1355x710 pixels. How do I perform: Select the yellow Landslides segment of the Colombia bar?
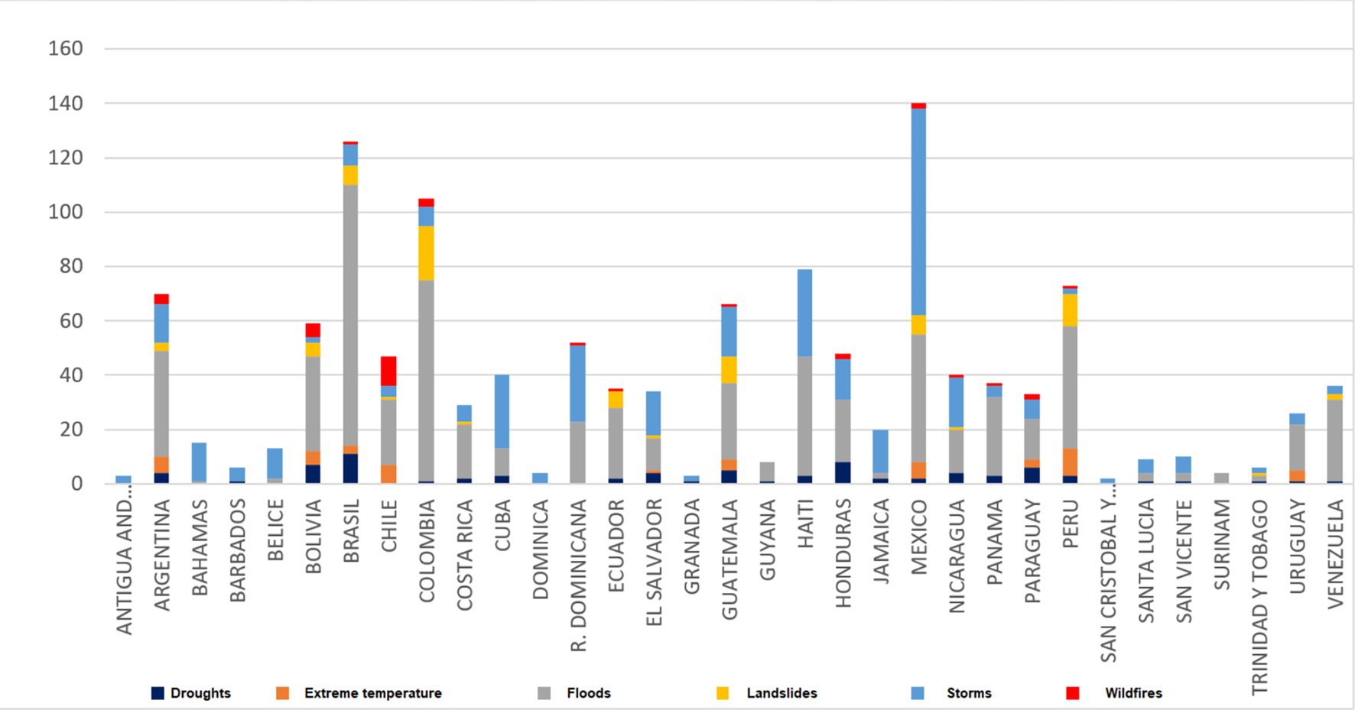tap(426, 253)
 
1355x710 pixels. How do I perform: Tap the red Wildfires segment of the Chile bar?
tap(388, 371)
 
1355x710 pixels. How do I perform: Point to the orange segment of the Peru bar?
tap(1070, 462)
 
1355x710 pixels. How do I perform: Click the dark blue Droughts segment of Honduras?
tap(843, 472)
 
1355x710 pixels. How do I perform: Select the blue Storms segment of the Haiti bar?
tap(804, 313)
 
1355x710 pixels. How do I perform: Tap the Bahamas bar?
tap(199, 462)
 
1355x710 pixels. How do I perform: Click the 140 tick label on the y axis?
tap(65, 103)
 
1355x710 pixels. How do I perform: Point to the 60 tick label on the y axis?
tap(65, 321)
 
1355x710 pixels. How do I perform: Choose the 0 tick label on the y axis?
tap(76, 484)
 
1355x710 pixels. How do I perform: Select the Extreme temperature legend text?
tap(372, 693)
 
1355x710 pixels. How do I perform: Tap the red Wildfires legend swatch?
tap(1073, 693)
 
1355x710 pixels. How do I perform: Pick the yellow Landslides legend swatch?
tap(723, 693)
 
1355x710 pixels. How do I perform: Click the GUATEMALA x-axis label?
tap(729, 559)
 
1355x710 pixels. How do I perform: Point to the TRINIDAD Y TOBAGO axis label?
tap(1259, 597)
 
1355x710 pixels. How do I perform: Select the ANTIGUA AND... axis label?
tap(124, 566)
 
